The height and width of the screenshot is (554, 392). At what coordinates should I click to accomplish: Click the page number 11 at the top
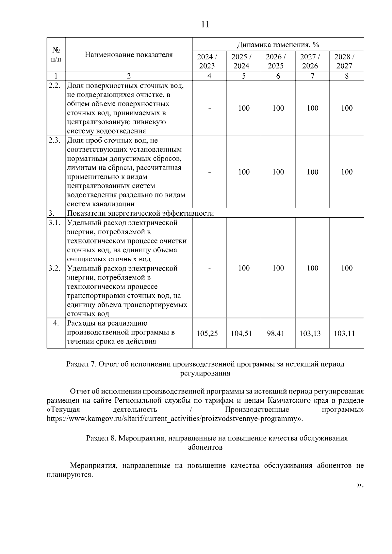tap(205, 24)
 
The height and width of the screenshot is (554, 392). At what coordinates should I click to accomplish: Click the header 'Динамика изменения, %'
tap(278, 44)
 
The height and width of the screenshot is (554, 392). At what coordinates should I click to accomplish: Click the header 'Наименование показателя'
tap(129, 54)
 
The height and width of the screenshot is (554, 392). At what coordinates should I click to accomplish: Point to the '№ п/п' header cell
tap(56, 54)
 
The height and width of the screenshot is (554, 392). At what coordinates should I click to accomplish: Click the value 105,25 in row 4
tap(207, 333)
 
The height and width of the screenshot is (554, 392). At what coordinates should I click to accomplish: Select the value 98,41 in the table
tap(276, 333)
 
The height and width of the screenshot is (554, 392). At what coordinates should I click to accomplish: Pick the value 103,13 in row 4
tap(310, 333)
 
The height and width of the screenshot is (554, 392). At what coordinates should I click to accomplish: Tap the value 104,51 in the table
tap(241, 333)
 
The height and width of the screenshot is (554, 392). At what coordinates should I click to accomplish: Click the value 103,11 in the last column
tap(344, 333)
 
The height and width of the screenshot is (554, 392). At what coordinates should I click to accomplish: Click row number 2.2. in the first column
tap(54, 86)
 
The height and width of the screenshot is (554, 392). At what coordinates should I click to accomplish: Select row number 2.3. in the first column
tap(54, 141)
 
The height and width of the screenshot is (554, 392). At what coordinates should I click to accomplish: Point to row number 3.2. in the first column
tap(54, 269)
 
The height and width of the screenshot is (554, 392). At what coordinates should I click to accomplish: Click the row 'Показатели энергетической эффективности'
tap(140, 213)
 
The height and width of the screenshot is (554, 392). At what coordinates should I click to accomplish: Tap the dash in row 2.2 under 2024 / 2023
tap(210, 108)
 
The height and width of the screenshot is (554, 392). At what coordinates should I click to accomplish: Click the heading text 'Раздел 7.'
tap(81, 364)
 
